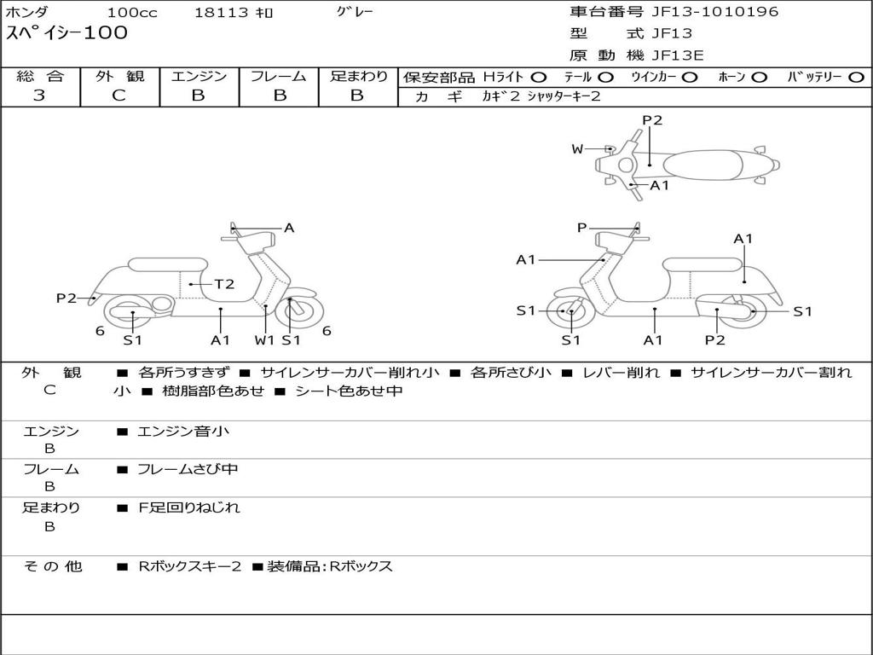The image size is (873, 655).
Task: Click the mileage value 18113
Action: point(221,13)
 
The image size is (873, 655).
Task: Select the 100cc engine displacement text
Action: point(131,13)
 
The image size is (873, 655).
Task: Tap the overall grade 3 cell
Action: point(39,96)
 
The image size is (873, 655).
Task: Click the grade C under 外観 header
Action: point(119,96)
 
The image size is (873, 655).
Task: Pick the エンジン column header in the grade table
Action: point(199,77)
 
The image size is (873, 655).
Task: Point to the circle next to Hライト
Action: point(539,78)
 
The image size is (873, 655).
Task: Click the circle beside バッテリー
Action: point(856,78)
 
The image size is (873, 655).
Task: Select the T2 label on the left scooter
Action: point(224,284)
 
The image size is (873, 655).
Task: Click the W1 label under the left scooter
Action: point(265,340)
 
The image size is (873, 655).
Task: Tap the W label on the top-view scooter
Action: point(577,149)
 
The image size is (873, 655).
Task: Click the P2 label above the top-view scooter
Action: point(652,120)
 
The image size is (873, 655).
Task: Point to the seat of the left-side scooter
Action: point(166,264)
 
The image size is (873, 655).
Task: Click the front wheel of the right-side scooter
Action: point(570,311)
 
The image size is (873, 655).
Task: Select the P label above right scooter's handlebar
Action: point(581,228)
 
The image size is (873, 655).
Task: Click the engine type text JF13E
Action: point(678,55)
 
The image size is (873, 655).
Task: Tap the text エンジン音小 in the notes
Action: point(183,432)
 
